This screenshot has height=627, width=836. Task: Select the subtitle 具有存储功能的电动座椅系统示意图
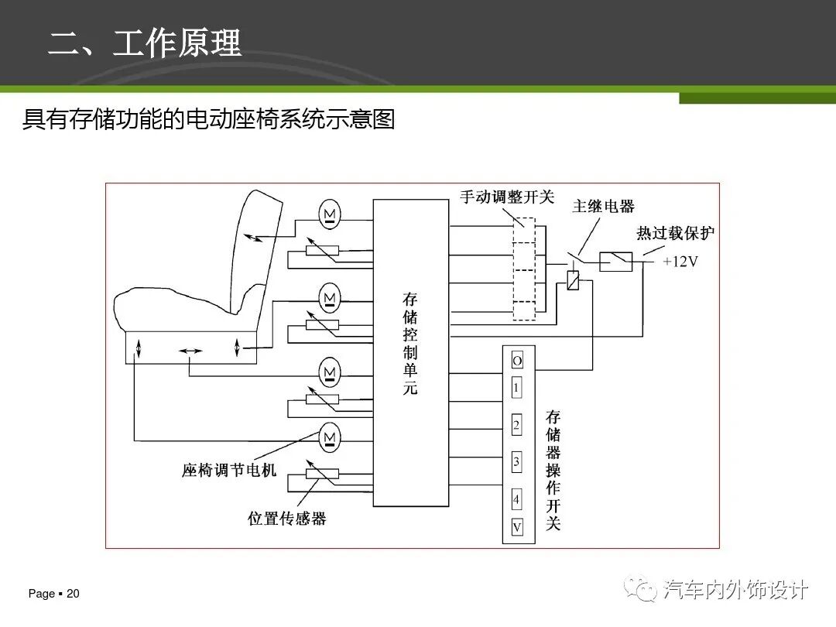pos(208,120)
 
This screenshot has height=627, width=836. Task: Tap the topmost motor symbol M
pos(330,212)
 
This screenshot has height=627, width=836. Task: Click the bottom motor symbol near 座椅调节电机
pos(330,437)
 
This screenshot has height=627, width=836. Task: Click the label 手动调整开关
pos(507,197)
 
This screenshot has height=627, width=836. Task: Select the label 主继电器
pos(603,206)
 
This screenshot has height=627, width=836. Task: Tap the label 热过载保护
pos(675,233)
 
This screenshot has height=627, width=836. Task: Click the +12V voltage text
pos(680,262)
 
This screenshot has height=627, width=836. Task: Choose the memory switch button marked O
pos(517,361)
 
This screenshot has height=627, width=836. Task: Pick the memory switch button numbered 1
pos(517,386)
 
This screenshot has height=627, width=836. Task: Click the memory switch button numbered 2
pos(517,426)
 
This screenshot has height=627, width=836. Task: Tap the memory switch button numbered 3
pos(517,463)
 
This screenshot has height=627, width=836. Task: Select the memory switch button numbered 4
pos(517,499)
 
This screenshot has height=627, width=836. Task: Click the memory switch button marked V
pos(517,527)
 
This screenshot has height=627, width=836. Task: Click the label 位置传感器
pos(287,519)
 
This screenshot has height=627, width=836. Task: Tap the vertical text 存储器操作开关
pos(553,470)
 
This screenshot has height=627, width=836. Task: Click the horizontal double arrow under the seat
pos(190,351)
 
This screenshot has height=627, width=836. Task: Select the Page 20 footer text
pos(54,594)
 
